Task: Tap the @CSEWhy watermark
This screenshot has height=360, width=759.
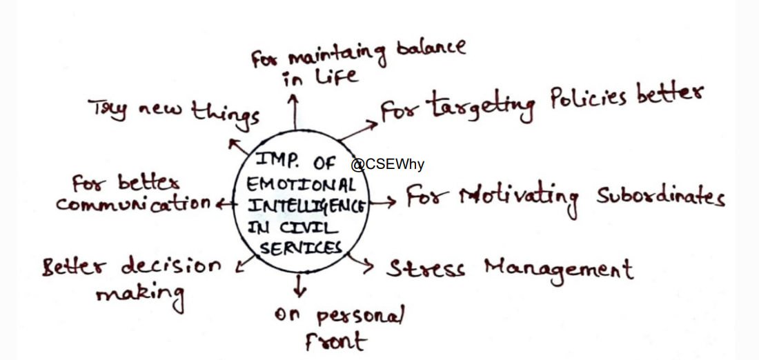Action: (x=387, y=165)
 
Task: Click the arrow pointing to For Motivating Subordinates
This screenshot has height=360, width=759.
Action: (x=383, y=203)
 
